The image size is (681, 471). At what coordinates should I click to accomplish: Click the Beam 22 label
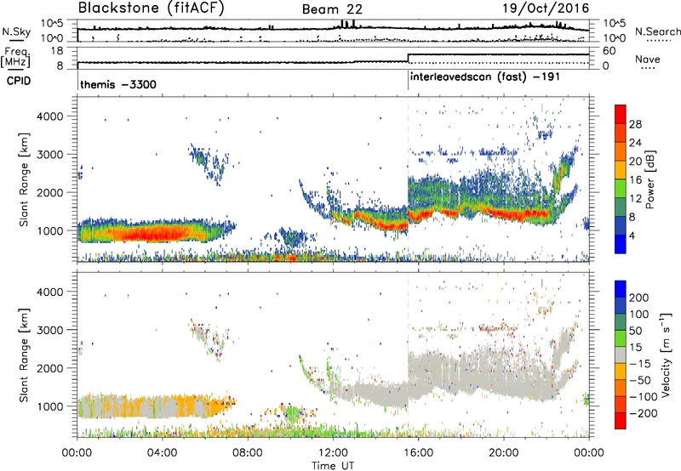[x=328, y=9]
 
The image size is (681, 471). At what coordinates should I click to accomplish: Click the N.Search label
[x=653, y=31]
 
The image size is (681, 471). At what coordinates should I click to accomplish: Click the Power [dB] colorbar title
[x=661, y=178]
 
